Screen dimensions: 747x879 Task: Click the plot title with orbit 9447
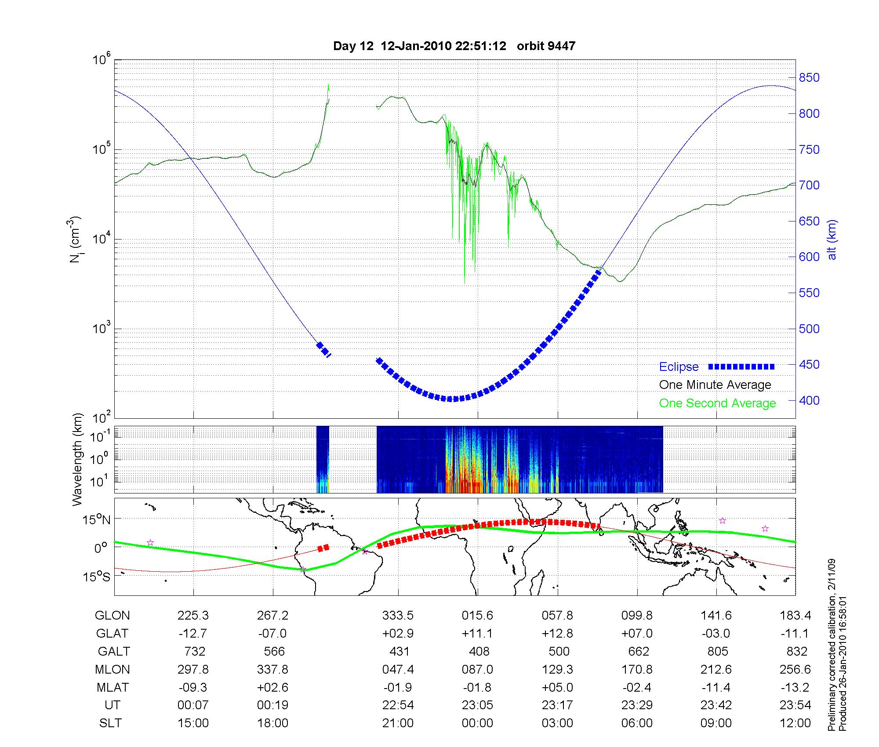(454, 46)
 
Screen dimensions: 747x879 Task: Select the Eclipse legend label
(679, 366)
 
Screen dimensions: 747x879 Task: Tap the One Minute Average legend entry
(715, 385)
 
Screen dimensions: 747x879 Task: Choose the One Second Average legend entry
(717, 403)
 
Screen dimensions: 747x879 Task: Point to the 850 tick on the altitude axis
(809, 78)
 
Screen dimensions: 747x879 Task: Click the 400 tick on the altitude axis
(809, 400)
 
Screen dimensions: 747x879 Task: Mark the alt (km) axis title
(832, 239)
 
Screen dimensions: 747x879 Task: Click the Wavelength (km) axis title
(78, 460)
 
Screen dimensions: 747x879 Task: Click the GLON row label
(112, 616)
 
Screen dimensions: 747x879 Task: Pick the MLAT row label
(113, 687)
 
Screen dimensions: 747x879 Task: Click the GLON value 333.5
(398, 616)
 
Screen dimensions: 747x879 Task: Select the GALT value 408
(479, 651)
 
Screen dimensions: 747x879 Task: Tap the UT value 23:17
(557, 705)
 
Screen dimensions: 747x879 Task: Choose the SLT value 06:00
(637, 723)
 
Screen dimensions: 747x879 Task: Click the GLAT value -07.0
(272, 633)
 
